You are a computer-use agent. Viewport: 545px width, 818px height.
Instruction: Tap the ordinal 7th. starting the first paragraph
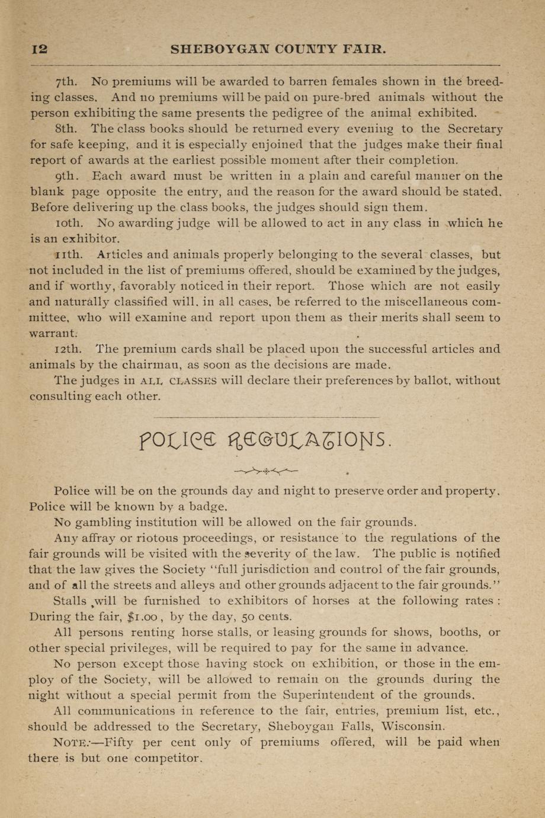click(x=68, y=81)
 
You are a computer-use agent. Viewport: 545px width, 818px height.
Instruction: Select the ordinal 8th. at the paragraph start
click(x=67, y=129)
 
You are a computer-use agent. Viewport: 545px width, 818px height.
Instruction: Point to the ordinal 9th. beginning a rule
click(x=67, y=176)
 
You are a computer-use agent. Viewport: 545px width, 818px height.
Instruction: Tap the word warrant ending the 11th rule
click(x=53, y=334)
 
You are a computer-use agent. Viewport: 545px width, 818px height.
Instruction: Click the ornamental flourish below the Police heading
click(x=266, y=472)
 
